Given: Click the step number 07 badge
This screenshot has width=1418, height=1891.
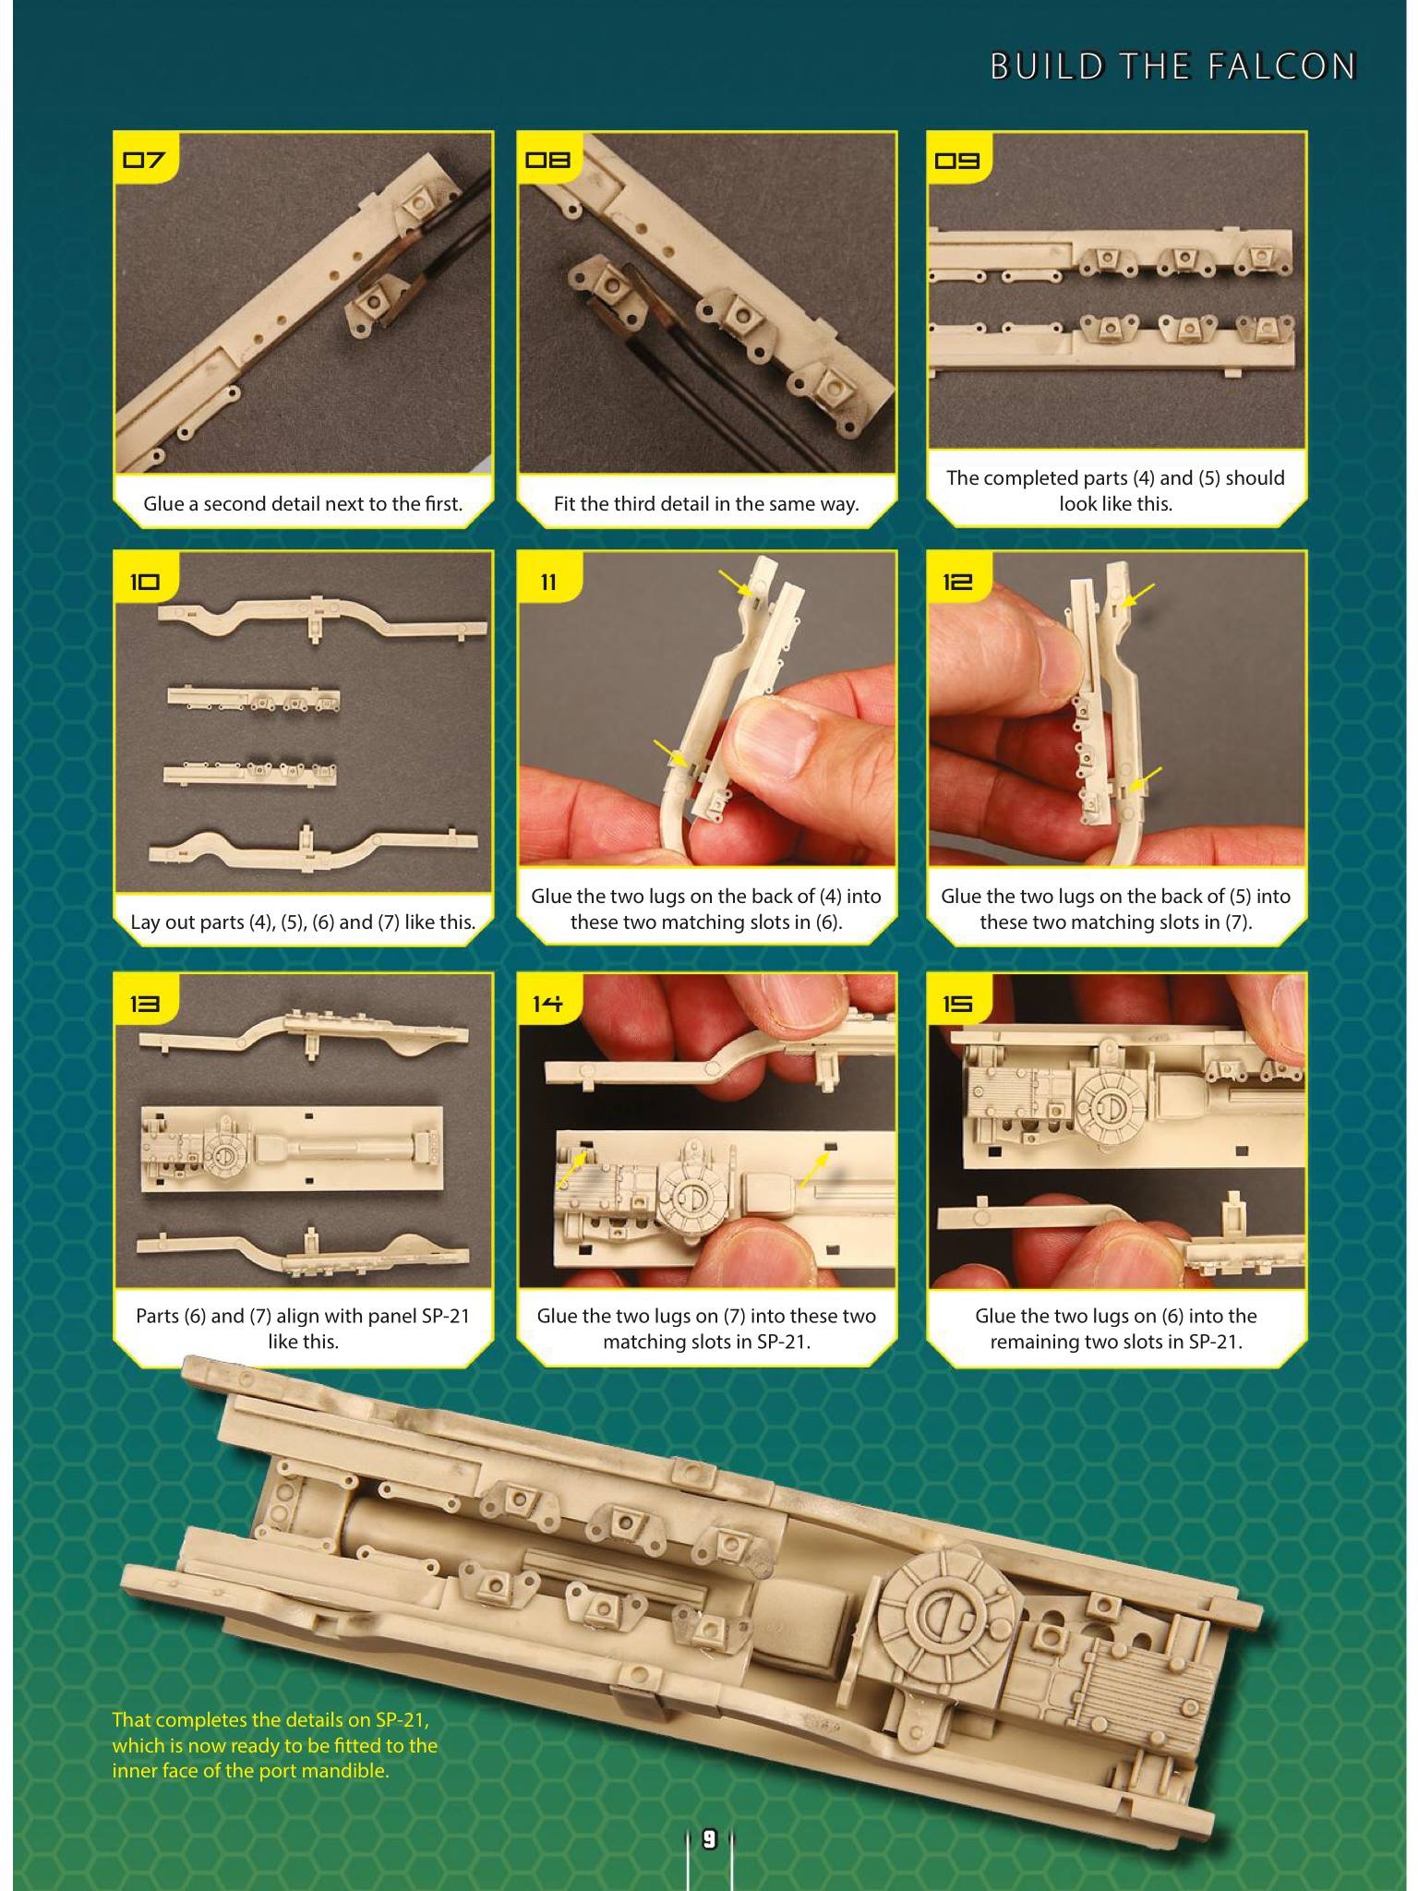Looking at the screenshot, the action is pos(144,160).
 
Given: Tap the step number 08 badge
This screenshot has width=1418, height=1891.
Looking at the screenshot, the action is pos(547,160).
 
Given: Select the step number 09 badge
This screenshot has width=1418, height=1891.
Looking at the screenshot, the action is pos(957,160).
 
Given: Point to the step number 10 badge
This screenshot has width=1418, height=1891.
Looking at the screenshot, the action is pos(144,581).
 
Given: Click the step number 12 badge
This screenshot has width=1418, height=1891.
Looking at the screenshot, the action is pos(957,581).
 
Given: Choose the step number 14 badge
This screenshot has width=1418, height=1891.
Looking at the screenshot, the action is pos(547,1003).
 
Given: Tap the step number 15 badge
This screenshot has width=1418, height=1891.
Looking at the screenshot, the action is pos(957,1003).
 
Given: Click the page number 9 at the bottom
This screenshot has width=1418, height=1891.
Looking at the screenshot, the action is pos(709,1839).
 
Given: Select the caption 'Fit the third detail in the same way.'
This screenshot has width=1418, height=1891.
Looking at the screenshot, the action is pos(706,504).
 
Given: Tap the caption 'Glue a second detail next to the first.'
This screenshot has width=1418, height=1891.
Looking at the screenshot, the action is pos(303,504).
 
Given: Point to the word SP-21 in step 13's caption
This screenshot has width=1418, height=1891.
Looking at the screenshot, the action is pos(446,1316).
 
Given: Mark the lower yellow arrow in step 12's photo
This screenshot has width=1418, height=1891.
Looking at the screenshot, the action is pos(1146,779).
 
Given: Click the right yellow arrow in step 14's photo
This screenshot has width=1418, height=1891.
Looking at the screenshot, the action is pos(813,1171).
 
